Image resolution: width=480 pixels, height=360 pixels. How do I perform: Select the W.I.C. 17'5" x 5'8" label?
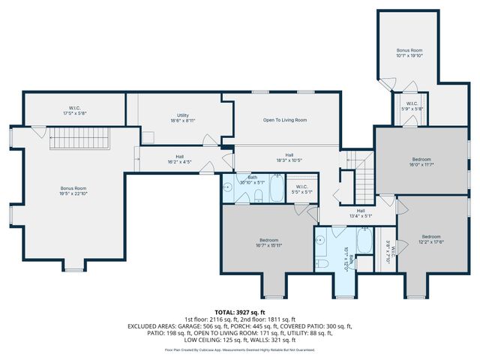tap(74, 111)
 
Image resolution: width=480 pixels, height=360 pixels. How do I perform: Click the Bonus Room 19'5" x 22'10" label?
tap(73, 190)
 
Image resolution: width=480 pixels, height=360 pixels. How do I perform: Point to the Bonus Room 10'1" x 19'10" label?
tap(409, 52)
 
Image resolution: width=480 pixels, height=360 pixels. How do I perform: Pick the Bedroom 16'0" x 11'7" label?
tap(421, 161)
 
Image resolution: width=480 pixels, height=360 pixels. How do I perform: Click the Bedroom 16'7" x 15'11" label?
tap(264, 241)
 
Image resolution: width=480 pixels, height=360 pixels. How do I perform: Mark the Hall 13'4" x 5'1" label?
tap(361, 213)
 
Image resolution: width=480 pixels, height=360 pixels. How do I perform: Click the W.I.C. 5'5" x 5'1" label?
tap(302, 189)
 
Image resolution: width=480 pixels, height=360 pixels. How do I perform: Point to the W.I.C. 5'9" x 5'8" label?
tap(412, 106)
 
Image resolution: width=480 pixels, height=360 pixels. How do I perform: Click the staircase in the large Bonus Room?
tap(80, 139)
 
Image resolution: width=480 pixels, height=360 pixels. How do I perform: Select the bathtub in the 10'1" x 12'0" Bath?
tap(364, 241)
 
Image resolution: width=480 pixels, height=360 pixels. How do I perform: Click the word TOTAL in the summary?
tap(225, 312)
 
